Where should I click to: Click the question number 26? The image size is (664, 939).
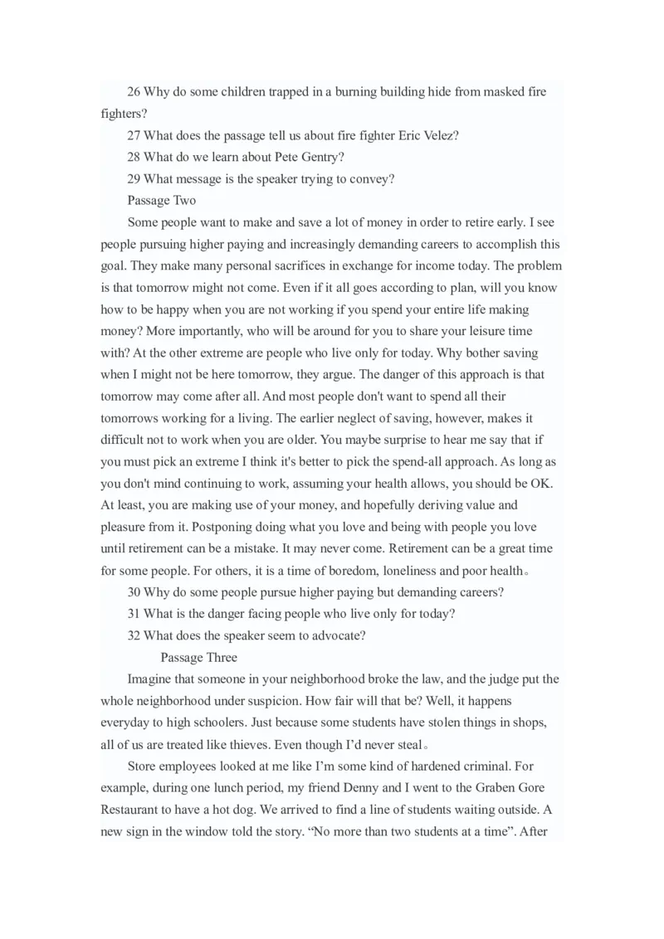[134, 92]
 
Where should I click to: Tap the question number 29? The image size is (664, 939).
[134, 178]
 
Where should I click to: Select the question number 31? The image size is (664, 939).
[134, 614]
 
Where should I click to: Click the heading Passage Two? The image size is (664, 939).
[162, 200]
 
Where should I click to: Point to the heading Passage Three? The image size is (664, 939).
[198, 658]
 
